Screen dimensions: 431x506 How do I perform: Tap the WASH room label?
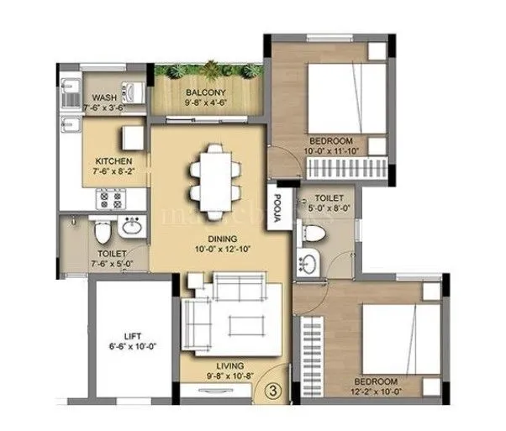(x=105, y=97)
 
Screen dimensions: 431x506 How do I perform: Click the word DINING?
(x=212, y=238)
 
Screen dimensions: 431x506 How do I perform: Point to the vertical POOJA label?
(x=276, y=208)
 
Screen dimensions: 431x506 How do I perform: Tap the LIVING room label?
(x=229, y=365)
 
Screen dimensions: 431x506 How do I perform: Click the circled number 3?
(x=273, y=390)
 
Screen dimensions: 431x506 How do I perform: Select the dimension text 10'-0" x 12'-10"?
(x=213, y=250)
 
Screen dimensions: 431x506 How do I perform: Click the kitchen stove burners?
(x=111, y=199)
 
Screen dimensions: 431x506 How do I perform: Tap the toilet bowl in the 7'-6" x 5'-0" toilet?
(x=100, y=229)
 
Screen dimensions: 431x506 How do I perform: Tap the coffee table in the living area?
(x=241, y=322)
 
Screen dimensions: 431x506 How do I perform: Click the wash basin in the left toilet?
(x=131, y=226)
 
